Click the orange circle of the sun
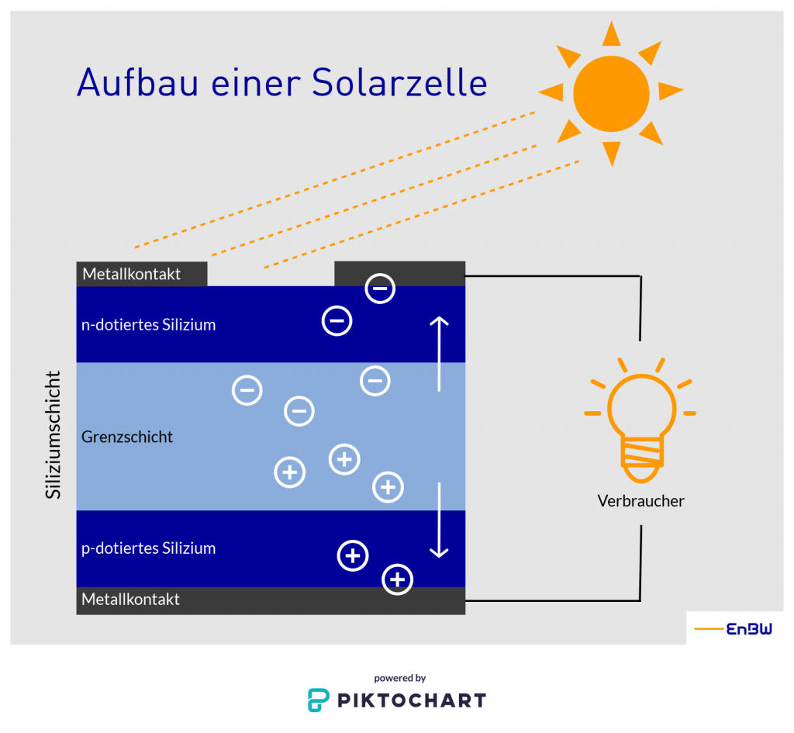[611, 93]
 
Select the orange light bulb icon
[640, 420]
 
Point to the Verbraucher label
[640, 501]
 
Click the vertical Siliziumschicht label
[53, 435]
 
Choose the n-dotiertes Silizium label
[148, 325]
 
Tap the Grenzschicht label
[127, 437]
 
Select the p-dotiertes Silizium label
[148, 548]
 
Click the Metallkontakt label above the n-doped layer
[132, 274]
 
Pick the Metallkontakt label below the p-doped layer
[131, 600]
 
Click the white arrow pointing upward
[440, 353]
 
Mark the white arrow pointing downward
[440, 520]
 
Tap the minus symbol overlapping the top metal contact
[380, 289]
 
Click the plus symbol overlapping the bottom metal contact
[398, 579]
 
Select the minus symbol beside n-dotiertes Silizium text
[337, 320]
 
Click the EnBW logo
[734, 629]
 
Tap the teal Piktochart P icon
[318, 700]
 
